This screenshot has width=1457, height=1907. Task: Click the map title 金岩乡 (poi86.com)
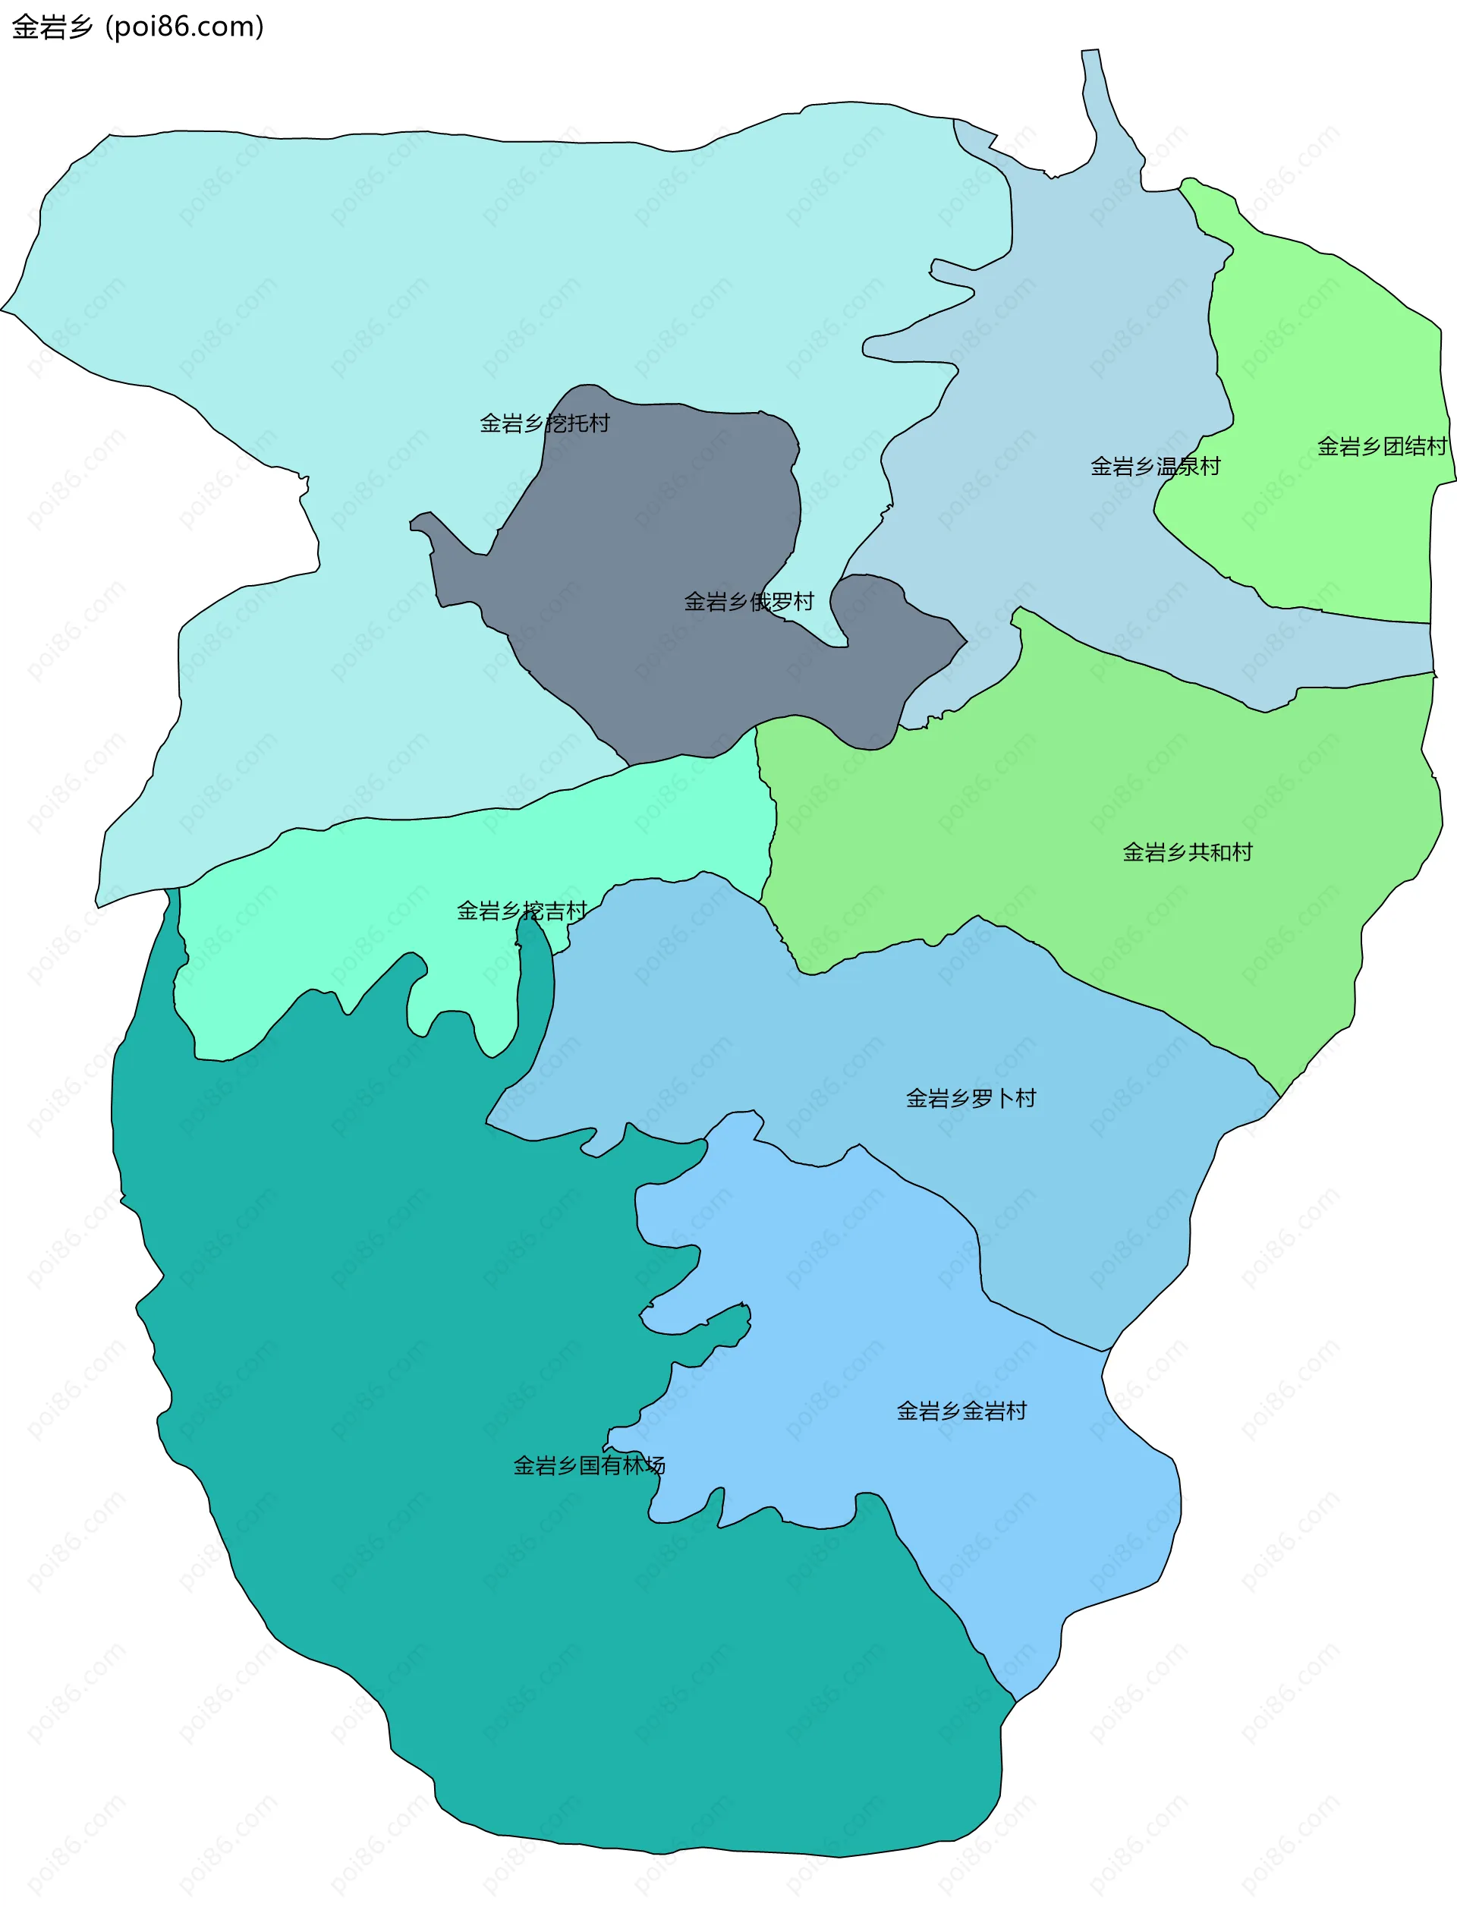(x=137, y=27)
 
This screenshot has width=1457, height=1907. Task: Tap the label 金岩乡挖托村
(x=545, y=423)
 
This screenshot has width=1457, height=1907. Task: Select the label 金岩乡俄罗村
(x=748, y=602)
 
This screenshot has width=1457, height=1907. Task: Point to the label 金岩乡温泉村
(x=1155, y=467)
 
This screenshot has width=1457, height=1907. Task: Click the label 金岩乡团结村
(x=1382, y=447)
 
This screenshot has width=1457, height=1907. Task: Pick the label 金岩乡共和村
(x=1188, y=852)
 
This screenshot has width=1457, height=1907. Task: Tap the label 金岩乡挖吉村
(x=521, y=911)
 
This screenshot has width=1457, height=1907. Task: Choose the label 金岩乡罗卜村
(x=971, y=1099)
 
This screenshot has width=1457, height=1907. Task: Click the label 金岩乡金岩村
(x=961, y=1411)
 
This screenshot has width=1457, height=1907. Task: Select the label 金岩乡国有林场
(x=589, y=1465)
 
